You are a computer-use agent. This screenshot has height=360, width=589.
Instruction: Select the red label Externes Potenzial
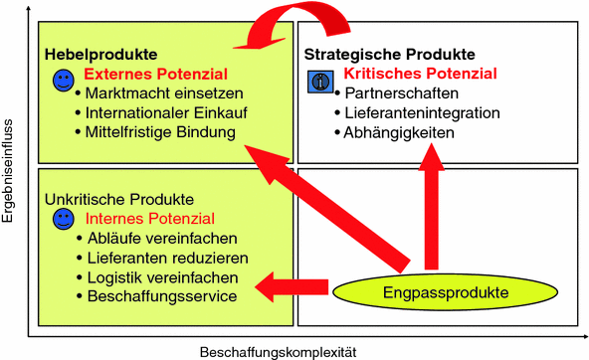156,74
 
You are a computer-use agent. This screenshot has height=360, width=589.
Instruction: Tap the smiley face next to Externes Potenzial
63,78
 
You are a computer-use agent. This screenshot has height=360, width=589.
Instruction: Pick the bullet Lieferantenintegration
422,111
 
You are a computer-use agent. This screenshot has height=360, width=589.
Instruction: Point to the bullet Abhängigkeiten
399,130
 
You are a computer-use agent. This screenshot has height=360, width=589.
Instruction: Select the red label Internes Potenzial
150,218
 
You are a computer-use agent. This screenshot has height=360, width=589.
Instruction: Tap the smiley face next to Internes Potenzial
63,217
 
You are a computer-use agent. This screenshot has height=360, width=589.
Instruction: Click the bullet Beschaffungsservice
162,295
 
